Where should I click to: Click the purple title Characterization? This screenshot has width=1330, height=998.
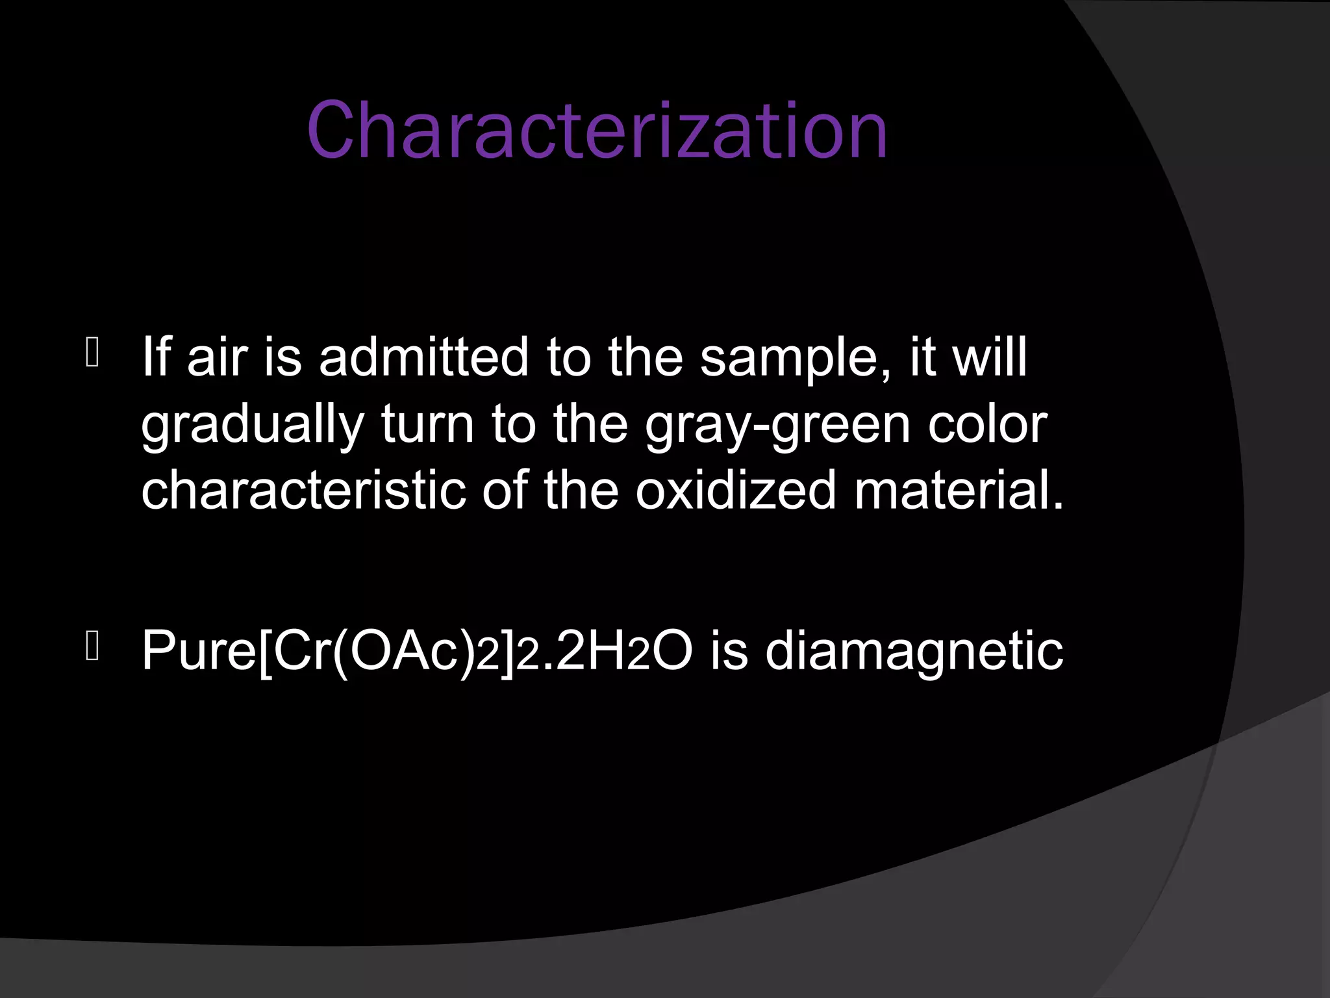pos(597,131)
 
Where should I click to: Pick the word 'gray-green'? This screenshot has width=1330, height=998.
pos(777,426)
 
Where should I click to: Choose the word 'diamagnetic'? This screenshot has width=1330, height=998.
pos(914,652)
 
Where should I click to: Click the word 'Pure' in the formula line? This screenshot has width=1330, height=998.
pos(199,650)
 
